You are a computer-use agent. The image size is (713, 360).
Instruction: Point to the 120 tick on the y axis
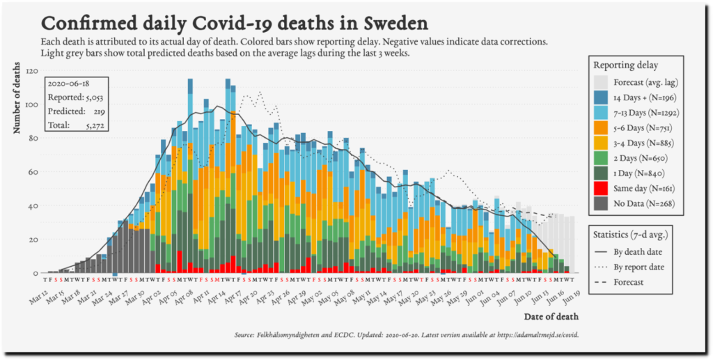(x=32, y=70)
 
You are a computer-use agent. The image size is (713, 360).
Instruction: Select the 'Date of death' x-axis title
(x=551, y=317)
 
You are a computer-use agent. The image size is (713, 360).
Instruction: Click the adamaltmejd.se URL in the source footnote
(x=537, y=336)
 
